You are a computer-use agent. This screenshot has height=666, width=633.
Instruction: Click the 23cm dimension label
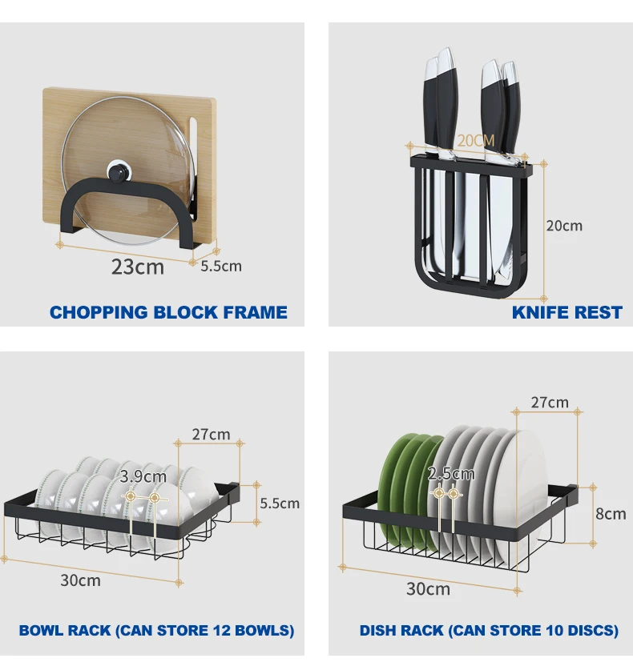point(137,267)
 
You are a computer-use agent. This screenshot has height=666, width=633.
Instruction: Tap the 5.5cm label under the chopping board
point(220,266)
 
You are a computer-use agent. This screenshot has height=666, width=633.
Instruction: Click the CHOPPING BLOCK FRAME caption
point(168,312)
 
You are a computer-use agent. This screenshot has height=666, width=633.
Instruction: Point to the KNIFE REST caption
point(566,312)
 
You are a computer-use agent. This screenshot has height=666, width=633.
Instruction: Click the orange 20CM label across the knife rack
point(476,141)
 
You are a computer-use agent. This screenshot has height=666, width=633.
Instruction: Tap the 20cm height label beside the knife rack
point(564,226)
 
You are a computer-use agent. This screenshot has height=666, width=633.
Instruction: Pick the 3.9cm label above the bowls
point(143,477)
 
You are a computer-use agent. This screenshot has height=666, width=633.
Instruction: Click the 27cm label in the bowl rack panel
point(211,435)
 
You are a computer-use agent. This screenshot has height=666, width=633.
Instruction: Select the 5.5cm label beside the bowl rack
point(280,503)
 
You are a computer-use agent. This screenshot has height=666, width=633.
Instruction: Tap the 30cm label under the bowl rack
point(80,580)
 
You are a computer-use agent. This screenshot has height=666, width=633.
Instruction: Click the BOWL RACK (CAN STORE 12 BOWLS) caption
point(156,631)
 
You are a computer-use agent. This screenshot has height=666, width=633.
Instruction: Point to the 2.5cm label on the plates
point(451,474)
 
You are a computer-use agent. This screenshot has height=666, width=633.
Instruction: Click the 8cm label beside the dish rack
point(610,514)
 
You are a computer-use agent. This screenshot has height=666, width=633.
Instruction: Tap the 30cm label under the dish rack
point(428,589)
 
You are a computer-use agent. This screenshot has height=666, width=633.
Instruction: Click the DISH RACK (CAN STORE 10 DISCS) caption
point(489,631)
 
